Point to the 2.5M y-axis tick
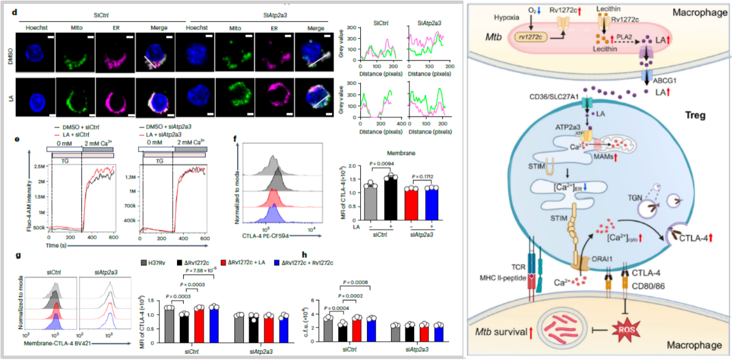38,166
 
